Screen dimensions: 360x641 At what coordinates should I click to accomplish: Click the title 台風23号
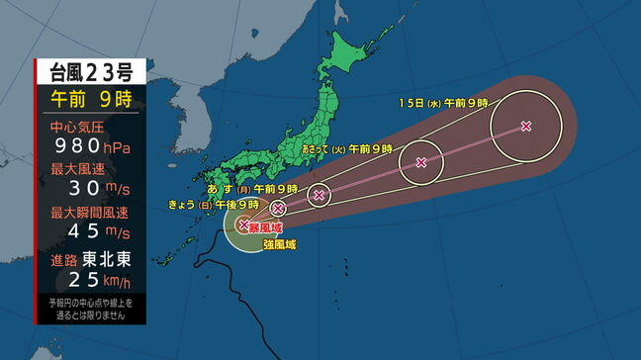(91, 71)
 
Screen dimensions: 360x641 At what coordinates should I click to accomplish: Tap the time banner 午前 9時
(91, 100)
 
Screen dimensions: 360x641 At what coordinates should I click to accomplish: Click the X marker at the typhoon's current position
(243, 225)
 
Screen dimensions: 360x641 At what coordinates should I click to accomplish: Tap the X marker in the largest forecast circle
(525, 126)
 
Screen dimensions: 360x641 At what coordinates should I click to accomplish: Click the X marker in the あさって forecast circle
(421, 162)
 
